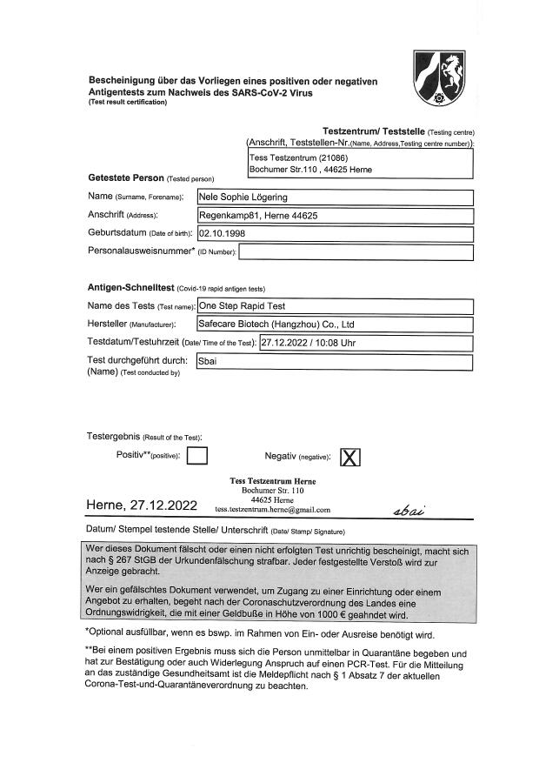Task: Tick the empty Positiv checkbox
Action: (197, 456)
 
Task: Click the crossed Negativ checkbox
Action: (349, 457)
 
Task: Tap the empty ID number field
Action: (355, 252)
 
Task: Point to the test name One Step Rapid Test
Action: (242, 306)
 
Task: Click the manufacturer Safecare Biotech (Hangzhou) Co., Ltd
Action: (276, 325)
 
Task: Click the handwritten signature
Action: (409, 510)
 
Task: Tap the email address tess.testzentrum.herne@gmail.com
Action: (272, 509)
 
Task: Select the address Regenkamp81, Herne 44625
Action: (258, 216)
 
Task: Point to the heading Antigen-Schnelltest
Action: (130, 287)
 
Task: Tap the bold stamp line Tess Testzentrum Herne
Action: (272, 481)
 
